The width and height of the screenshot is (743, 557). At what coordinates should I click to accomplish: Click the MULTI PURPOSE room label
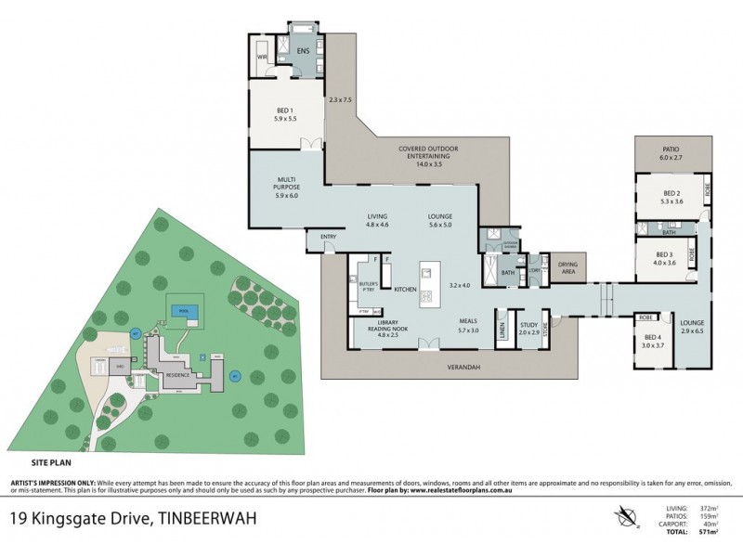[284, 182]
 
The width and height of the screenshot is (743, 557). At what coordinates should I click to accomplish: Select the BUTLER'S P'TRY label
[364, 276]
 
